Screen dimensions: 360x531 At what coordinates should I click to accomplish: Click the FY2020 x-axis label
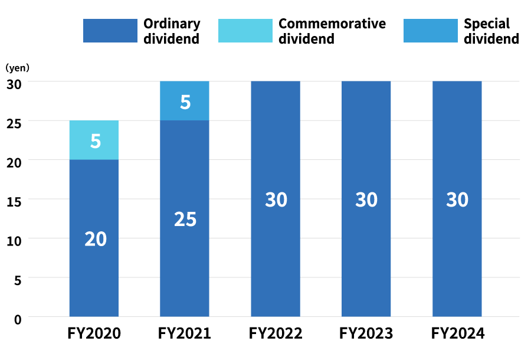click(94, 333)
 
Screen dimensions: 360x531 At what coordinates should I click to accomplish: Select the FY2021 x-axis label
click(185, 333)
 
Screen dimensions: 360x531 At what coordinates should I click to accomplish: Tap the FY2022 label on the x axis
click(276, 333)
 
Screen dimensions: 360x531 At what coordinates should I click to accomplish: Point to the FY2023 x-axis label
click(366, 333)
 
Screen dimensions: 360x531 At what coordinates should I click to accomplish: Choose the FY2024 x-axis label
click(457, 333)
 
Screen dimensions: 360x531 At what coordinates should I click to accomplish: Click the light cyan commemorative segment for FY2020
click(94, 140)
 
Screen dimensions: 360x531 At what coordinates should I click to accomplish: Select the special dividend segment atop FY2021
click(185, 101)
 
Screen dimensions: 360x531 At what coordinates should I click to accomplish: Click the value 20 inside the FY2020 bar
click(96, 239)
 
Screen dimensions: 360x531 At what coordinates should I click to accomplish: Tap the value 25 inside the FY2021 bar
click(185, 219)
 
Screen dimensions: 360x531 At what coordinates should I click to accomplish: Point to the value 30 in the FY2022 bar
click(276, 199)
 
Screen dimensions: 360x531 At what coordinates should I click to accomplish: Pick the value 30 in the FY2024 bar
click(457, 199)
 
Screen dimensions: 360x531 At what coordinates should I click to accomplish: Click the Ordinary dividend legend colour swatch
click(110, 31)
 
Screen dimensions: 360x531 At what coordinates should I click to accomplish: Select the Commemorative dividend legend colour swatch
click(245, 31)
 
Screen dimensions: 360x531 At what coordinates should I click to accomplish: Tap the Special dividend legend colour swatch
click(430, 31)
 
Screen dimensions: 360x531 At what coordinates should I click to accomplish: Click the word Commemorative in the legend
click(332, 24)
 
